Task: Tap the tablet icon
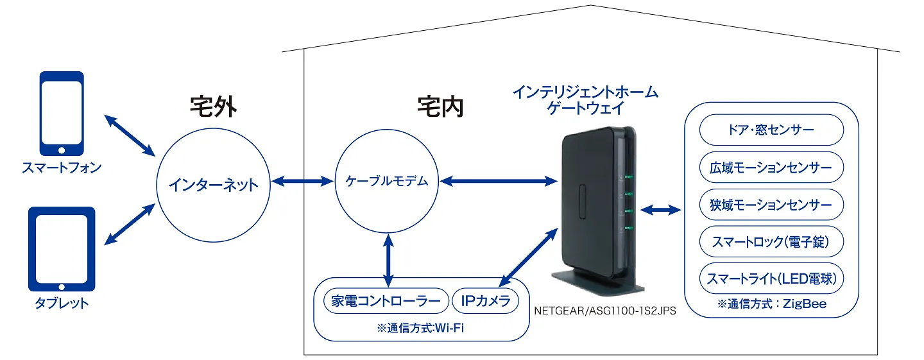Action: tap(62, 250)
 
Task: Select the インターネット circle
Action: tap(212, 186)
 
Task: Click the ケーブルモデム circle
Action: tap(387, 182)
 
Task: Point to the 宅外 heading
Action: tap(213, 107)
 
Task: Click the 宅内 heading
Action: tap(440, 107)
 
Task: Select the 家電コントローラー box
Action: tap(386, 300)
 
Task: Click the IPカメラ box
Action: tap(485, 300)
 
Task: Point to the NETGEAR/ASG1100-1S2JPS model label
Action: tap(605, 311)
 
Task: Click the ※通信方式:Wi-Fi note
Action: tap(421, 328)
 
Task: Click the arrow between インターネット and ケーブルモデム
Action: tap(300, 182)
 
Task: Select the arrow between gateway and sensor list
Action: tap(660, 209)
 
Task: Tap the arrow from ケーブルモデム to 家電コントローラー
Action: tap(388, 261)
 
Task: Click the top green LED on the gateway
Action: tap(629, 177)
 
